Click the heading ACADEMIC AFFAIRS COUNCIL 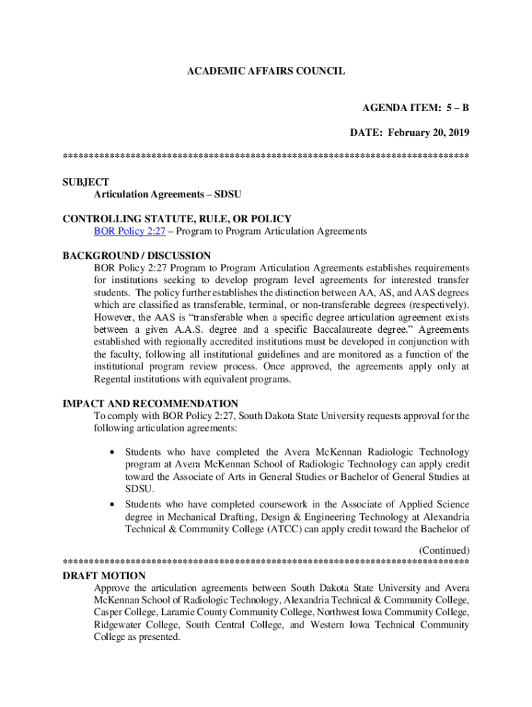(x=266, y=71)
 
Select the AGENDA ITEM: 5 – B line (x=416, y=108)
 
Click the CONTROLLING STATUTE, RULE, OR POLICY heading (x=177, y=219)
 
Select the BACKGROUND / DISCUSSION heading (x=136, y=255)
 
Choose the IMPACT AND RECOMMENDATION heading (x=150, y=403)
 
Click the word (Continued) (x=444, y=550)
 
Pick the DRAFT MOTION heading (x=104, y=575)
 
